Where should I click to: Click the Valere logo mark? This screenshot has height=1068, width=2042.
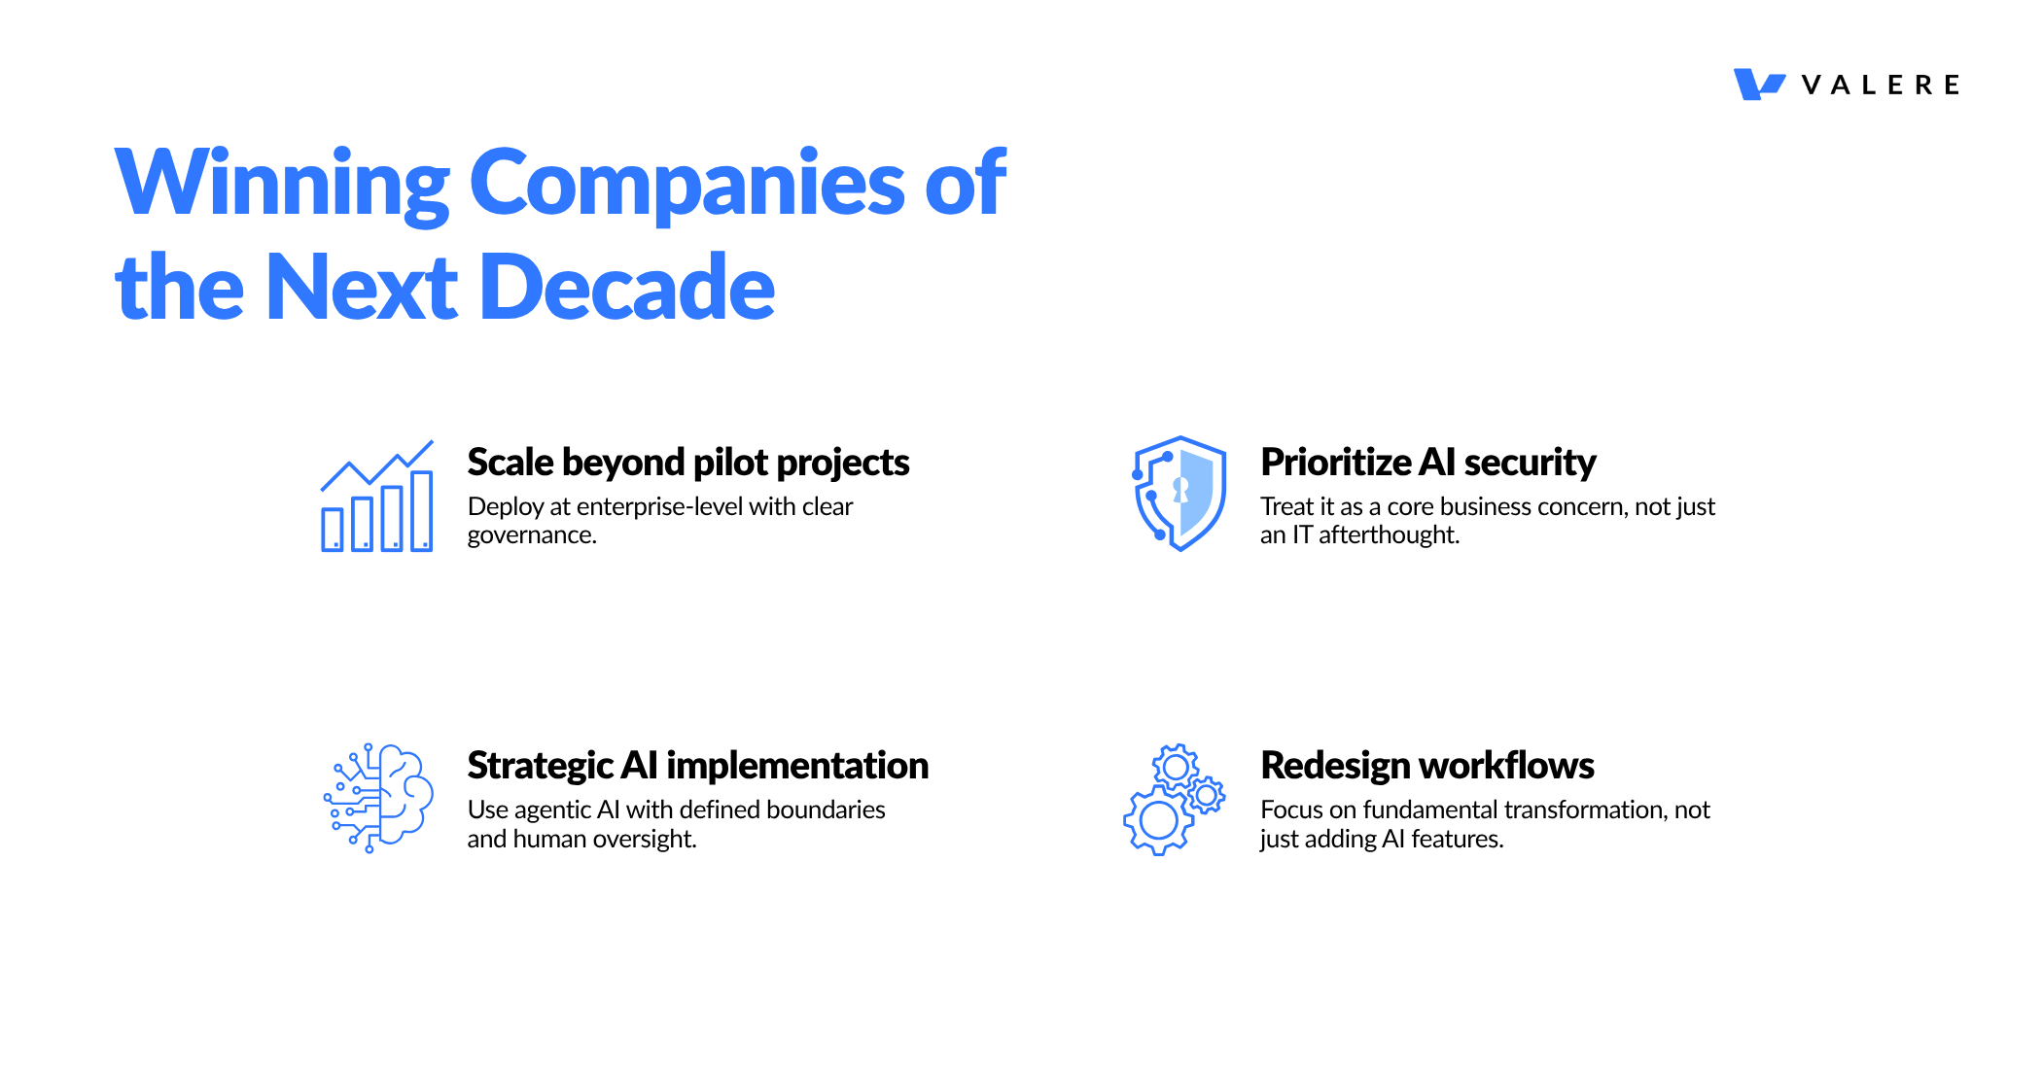tap(1759, 85)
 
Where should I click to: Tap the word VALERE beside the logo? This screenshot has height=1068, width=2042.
tap(1881, 86)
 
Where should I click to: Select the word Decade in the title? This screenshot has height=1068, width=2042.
tap(627, 287)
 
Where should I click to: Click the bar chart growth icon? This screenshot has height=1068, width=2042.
tap(377, 496)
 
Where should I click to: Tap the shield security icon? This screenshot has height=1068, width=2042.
tap(1179, 494)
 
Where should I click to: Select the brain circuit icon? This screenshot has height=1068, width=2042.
tap(378, 799)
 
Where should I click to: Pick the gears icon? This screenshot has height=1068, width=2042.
tap(1174, 800)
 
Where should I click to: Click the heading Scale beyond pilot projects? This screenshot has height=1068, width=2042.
tap(688, 464)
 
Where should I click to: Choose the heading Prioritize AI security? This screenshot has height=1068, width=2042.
tap(1428, 464)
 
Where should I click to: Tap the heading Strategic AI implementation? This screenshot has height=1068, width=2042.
tap(698, 767)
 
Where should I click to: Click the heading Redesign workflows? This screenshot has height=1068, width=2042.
tap(1427, 767)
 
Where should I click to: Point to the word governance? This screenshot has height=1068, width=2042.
tap(530, 536)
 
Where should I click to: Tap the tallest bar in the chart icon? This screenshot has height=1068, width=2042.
tap(422, 511)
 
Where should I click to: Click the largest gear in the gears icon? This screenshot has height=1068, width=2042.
tap(1158, 820)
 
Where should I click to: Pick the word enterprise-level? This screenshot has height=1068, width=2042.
tap(659, 507)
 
